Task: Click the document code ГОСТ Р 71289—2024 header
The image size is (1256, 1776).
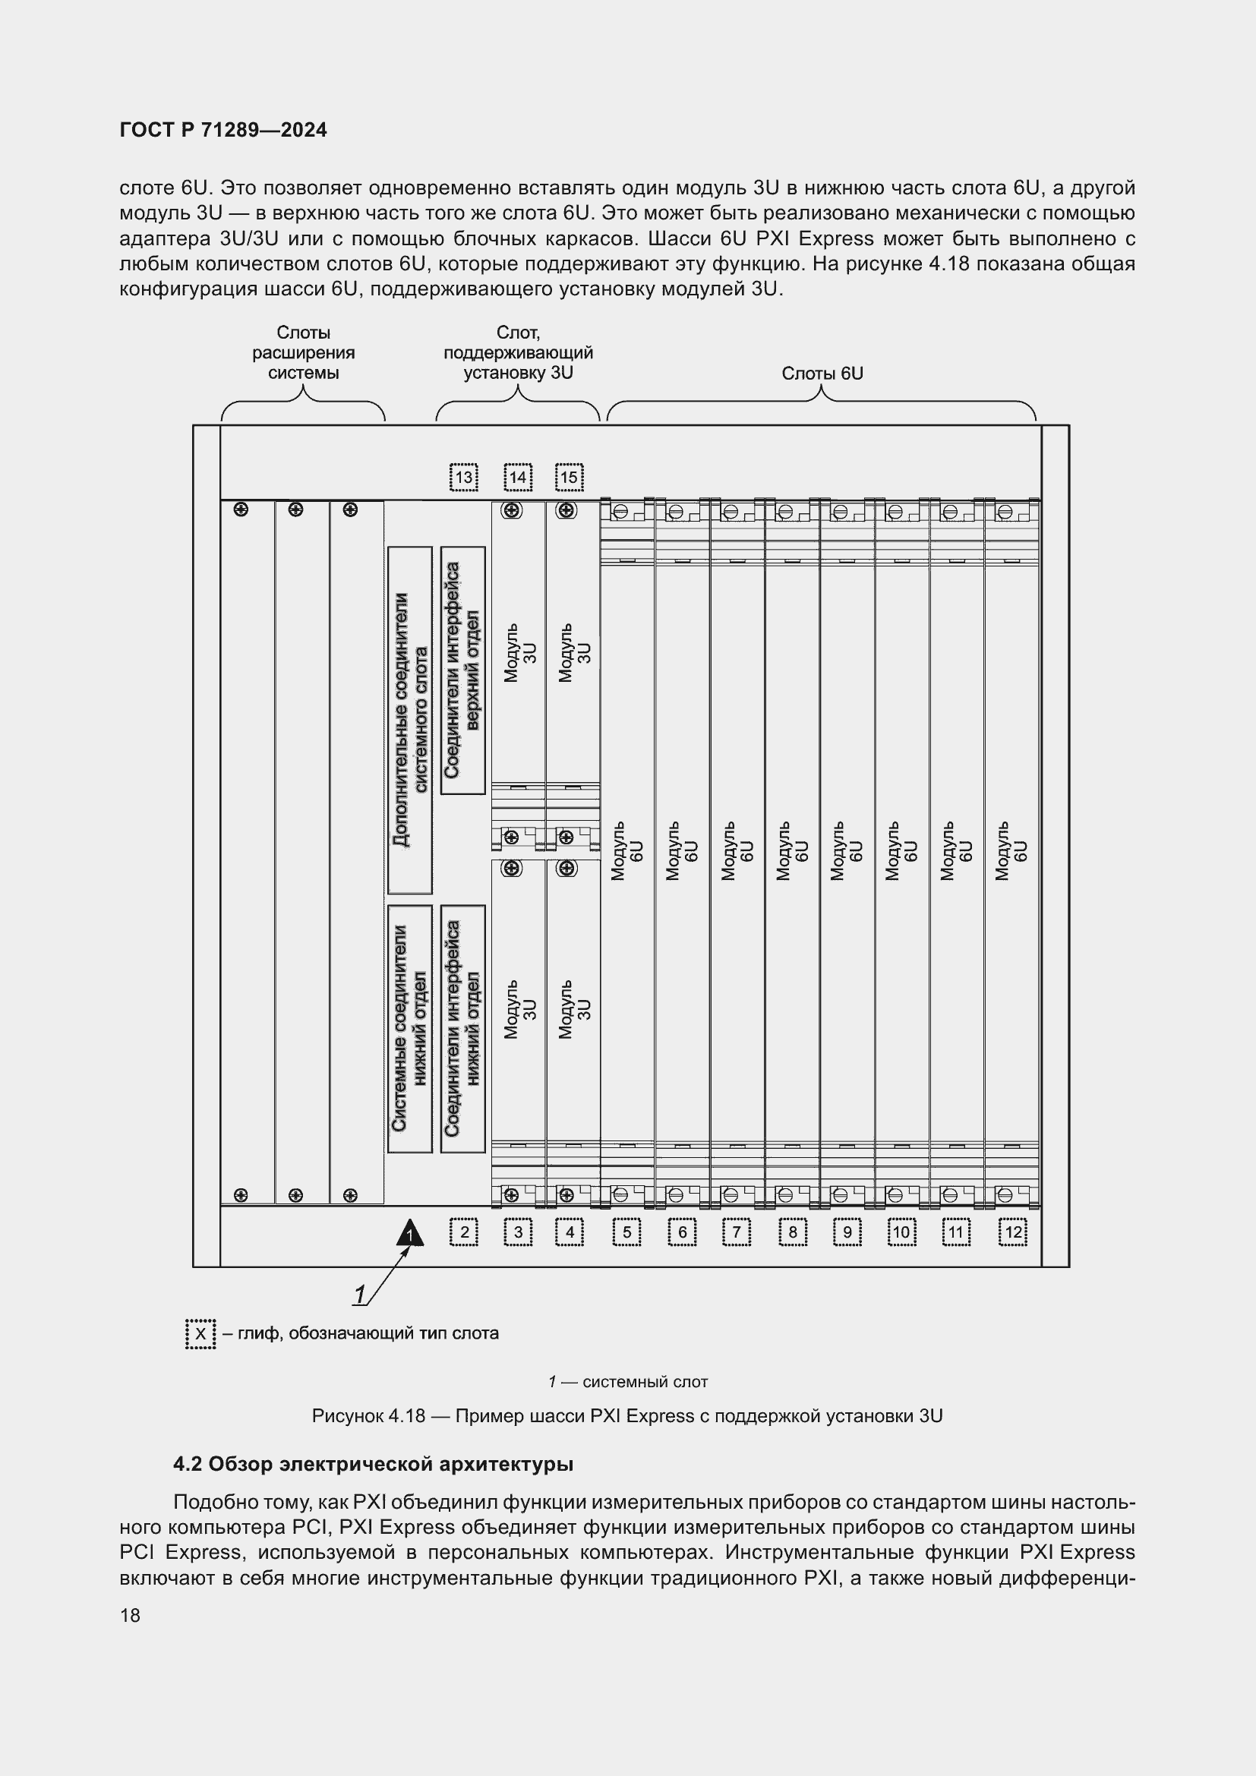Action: point(223,130)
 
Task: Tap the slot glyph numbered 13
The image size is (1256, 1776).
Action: point(463,478)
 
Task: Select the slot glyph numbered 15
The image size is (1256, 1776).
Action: point(570,478)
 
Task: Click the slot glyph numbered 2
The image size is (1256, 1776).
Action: point(464,1232)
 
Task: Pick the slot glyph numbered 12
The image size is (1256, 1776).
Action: point(1013,1232)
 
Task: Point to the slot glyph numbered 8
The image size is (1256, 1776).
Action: point(793,1232)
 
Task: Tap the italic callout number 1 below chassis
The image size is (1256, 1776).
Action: point(360,1294)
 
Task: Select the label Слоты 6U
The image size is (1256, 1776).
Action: point(822,374)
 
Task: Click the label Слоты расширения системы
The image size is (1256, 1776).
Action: point(303,353)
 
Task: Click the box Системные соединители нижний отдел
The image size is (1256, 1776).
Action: point(410,1028)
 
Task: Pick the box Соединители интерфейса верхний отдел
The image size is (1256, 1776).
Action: point(463,670)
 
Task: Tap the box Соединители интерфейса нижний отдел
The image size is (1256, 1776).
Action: point(463,1028)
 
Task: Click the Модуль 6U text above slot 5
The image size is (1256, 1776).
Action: point(627,851)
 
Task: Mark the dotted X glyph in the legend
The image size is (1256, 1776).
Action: point(200,1333)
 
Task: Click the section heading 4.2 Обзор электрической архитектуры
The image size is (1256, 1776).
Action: point(374,1464)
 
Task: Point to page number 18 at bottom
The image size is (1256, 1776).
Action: point(130,1616)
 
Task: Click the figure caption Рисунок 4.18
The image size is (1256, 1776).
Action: point(627,1416)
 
